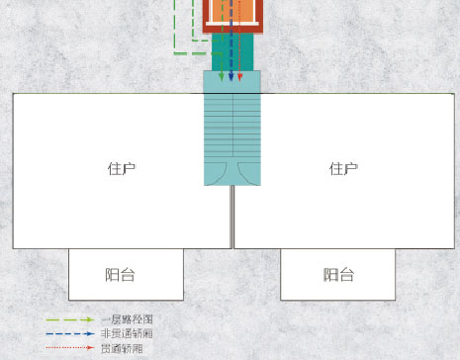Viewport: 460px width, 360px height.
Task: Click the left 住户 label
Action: tap(122, 169)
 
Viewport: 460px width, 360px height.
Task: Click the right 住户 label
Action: tap(343, 169)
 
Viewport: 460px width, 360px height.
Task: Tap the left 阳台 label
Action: tap(120, 275)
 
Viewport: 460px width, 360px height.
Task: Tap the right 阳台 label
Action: tap(338, 275)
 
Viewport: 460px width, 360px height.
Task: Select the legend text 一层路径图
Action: tap(127, 319)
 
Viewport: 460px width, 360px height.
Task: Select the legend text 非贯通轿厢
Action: tap(127, 333)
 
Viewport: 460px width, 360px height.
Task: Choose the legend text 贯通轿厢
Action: tap(122, 348)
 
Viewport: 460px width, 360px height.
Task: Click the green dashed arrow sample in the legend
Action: tap(70, 319)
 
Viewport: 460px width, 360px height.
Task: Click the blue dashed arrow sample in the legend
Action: tap(70, 334)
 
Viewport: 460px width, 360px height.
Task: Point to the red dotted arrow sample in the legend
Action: tap(70, 347)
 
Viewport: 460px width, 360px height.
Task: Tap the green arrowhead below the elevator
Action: tap(222, 77)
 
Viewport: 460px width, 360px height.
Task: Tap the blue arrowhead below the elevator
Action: tap(230, 77)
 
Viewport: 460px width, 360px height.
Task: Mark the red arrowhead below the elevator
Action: tap(240, 77)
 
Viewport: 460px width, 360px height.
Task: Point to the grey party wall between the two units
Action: tap(232, 217)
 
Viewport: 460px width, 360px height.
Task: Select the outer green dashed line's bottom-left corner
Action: tap(174, 53)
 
